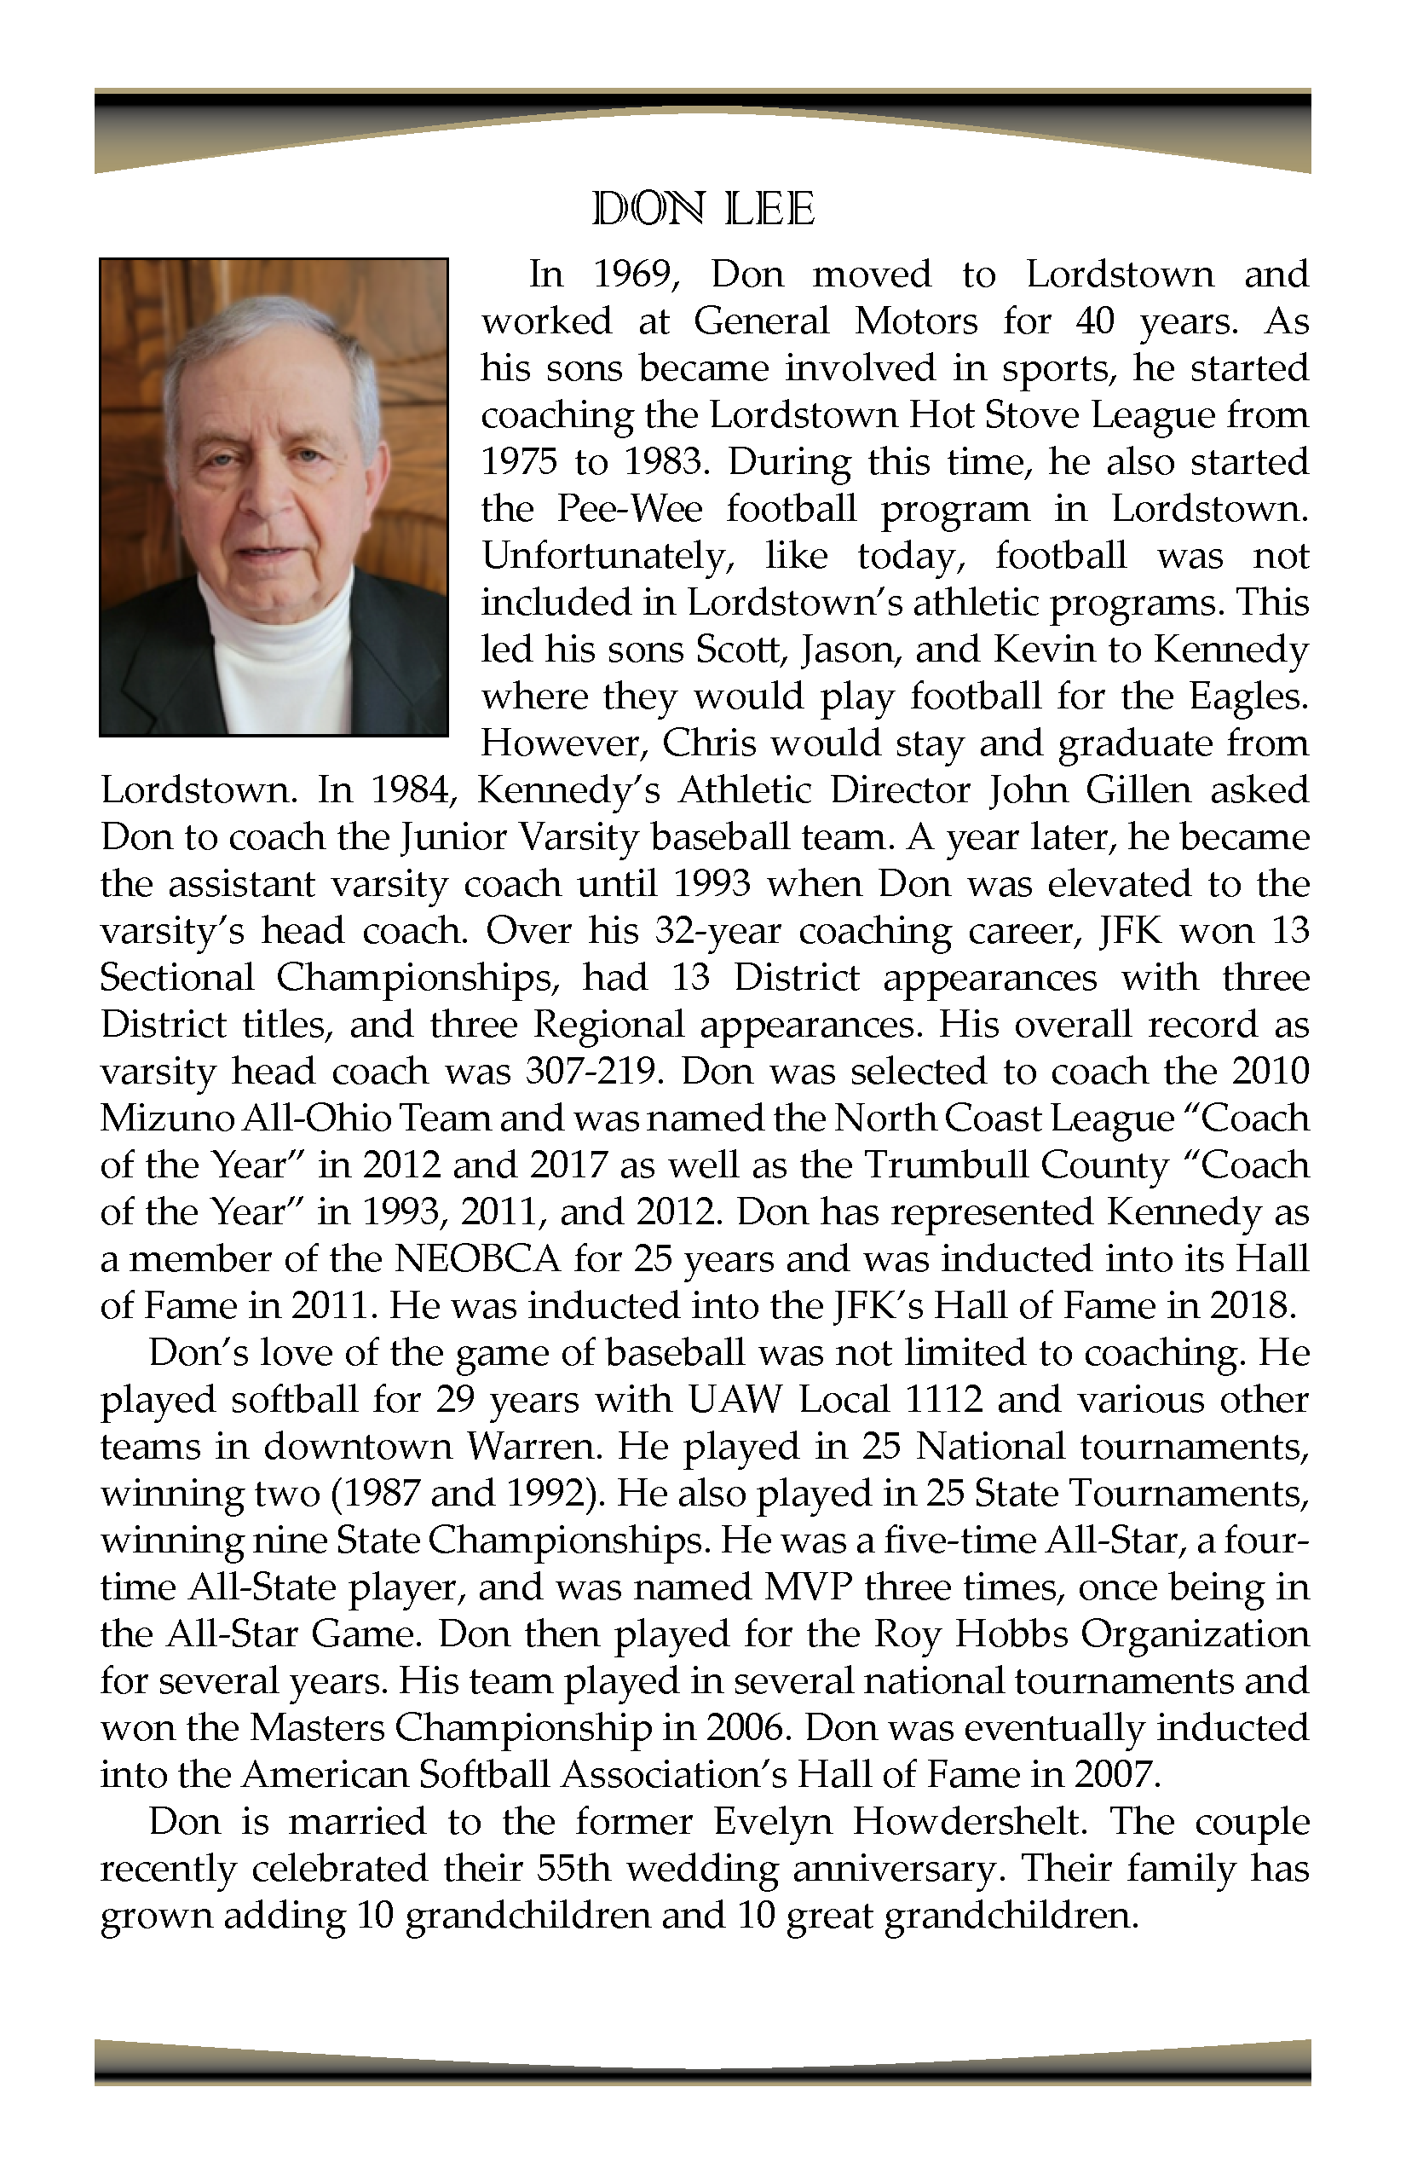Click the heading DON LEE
702,210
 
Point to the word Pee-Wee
629,509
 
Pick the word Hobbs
1011,1634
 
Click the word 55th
573,1869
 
